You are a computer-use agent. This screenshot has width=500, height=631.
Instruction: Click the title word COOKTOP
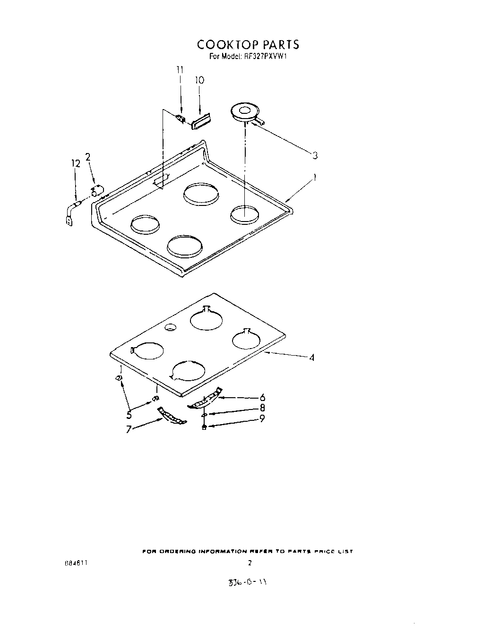pos(226,45)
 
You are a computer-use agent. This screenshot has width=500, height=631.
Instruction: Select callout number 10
pos(199,80)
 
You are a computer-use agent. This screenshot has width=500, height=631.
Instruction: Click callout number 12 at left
pos(76,163)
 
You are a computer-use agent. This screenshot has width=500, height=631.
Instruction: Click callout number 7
pos(129,430)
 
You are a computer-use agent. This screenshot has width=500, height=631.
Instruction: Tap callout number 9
pos(261,418)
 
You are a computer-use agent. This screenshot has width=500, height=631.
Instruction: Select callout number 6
pos(262,398)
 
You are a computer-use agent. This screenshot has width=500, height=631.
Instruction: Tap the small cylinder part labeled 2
pos(97,191)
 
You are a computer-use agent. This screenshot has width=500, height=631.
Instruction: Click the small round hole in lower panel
pos(169,327)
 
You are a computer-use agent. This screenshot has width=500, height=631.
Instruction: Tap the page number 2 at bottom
pos(250,563)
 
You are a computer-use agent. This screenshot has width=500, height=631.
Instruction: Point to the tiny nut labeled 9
pos(203,427)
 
